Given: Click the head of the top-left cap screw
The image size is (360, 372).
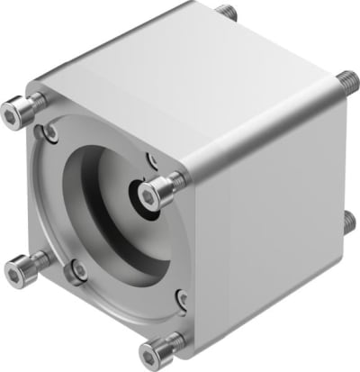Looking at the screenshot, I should [x=13, y=113].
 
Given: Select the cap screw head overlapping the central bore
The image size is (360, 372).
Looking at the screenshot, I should [x=158, y=189].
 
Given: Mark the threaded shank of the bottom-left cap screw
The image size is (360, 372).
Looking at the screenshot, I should [x=34, y=261].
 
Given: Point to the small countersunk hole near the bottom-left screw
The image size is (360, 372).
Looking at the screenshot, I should [x=80, y=268].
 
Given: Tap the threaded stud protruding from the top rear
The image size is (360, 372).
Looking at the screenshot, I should [x=226, y=12].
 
